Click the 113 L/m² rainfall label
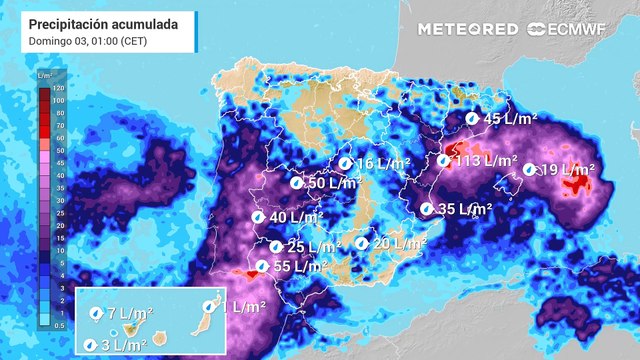pos(485,161)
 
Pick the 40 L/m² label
pos(296,217)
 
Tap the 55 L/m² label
pos(300,266)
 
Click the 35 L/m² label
pos(465,209)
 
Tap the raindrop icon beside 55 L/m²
pos(261,266)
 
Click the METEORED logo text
pos(468,29)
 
